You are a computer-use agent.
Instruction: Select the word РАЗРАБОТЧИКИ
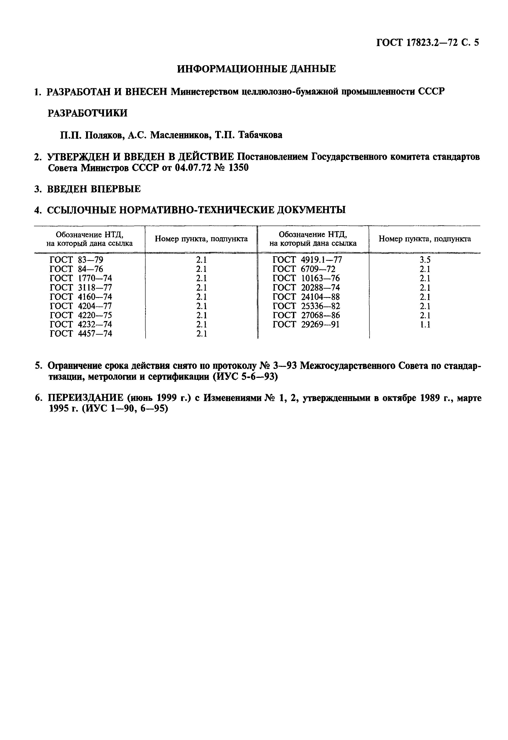pyautogui.click(x=87, y=113)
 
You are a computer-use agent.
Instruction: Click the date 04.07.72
pyautogui.click(x=193, y=168)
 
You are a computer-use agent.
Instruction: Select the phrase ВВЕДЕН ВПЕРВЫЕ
pyautogui.click(x=94, y=189)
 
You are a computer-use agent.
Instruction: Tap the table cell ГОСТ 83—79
pyautogui.click(x=76, y=260)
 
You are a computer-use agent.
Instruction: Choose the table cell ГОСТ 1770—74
pyautogui.click(x=81, y=278)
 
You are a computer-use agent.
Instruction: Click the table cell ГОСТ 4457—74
pyautogui.click(x=81, y=334)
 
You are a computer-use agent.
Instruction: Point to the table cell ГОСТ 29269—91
pyautogui.click(x=306, y=324)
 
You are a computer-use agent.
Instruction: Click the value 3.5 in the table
pyautogui.click(x=425, y=260)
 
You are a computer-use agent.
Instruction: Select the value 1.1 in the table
pyautogui.click(x=425, y=324)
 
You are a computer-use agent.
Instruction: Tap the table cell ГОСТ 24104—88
pyautogui.click(x=306, y=297)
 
